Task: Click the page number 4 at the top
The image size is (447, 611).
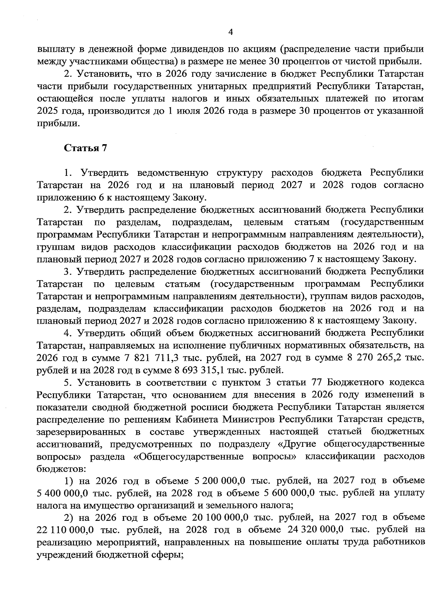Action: pyautogui.click(x=230, y=32)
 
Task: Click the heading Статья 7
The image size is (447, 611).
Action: pyautogui.click(x=86, y=148)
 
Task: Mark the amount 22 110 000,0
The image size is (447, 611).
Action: pyautogui.click(x=65, y=530)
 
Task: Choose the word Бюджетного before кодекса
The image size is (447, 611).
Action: pyautogui.click(x=354, y=382)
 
